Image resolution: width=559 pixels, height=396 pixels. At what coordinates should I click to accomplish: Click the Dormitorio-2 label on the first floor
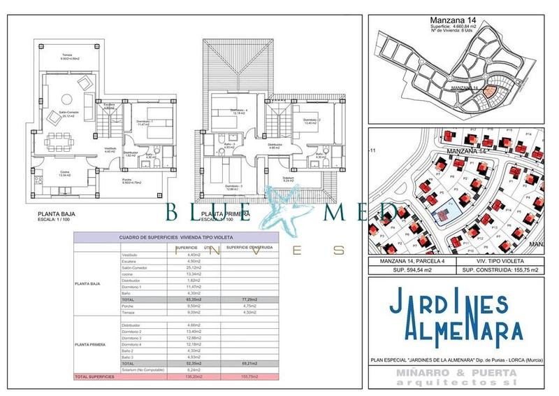(312, 120)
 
